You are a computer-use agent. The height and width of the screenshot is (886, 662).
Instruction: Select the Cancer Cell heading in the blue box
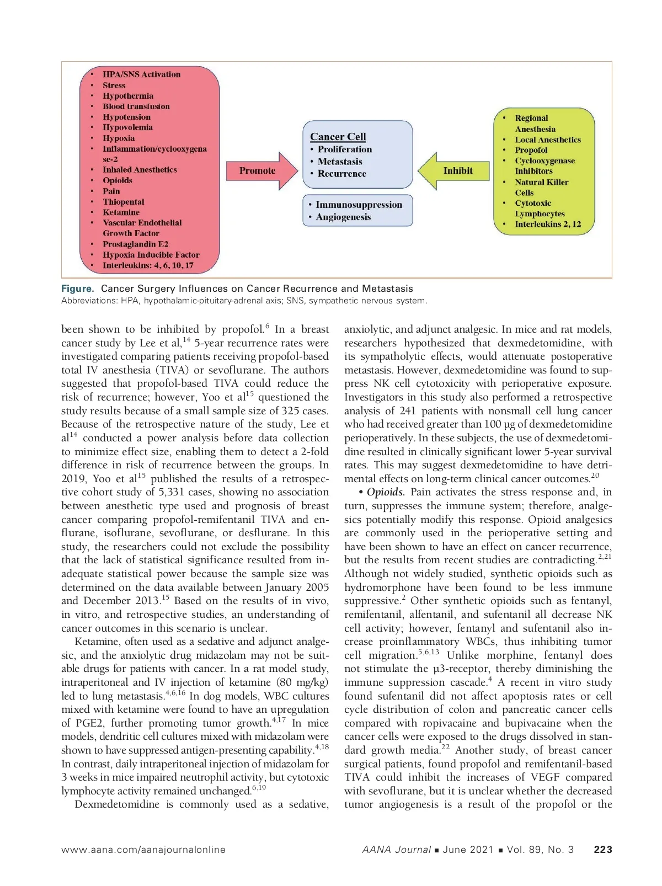tap(338, 137)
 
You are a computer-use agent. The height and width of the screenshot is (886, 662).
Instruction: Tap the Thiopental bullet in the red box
tap(123, 202)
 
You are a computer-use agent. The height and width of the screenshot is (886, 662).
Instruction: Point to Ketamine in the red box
tap(121, 212)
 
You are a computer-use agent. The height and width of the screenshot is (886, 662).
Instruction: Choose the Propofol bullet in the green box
tap(531, 150)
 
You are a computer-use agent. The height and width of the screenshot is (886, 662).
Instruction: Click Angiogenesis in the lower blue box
tap(343, 217)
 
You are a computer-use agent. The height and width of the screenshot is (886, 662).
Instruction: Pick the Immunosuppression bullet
tap(359, 205)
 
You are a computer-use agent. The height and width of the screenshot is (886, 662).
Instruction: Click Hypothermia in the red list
tap(128, 96)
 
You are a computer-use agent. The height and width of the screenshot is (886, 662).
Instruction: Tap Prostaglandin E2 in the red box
tap(135, 244)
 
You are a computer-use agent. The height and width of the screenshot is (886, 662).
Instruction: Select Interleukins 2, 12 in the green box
tap(547, 224)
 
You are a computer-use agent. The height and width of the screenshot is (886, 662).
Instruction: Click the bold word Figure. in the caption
tap(78, 289)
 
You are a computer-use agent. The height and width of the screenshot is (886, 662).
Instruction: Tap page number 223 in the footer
tap(602, 850)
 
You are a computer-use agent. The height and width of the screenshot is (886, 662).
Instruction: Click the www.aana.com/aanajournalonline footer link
tap(143, 850)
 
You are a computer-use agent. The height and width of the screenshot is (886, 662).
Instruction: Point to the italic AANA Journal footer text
tap(396, 850)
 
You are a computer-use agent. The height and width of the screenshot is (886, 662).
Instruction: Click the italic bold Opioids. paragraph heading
tap(386, 492)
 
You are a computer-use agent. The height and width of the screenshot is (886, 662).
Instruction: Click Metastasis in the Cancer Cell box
tap(340, 162)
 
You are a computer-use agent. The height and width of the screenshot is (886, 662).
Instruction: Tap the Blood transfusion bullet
tap(136, 106)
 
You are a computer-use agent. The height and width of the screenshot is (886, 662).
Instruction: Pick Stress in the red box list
tap(114, 86)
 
